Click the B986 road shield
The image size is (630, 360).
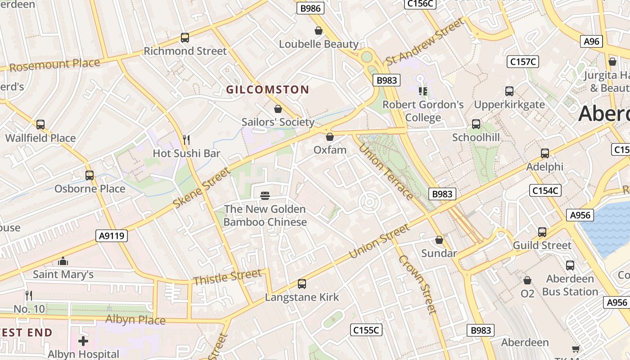(x=310, y=8)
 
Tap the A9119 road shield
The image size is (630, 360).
(x=112, y=235)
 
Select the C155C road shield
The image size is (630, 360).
(x=366, y=330)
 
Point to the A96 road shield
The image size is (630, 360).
(x=591, y=41)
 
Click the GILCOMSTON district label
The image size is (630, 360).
(x=267, y=90)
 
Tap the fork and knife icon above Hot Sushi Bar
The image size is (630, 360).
(x=186, y=139)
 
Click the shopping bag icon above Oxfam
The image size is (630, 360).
(x=330, y=136)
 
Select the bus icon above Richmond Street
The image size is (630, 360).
(x=185, y=38)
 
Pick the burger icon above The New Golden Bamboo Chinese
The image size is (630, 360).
(x=265, y=195)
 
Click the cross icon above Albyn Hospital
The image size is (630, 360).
(x=83, y=341)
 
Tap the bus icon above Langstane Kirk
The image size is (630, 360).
(x=302, y=284)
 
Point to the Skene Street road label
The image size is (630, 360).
(x=202, y=188)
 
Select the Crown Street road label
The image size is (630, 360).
(x=417, y=284)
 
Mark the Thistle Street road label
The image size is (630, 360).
(x=227, y=277)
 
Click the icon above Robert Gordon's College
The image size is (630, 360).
(x=423, y=91)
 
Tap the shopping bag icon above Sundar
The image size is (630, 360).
(x=439, y=240)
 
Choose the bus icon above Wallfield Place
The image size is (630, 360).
(x=40, y=125)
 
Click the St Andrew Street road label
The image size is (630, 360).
(x=424, y=42)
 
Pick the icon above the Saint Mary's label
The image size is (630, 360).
(x=63, y=261)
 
